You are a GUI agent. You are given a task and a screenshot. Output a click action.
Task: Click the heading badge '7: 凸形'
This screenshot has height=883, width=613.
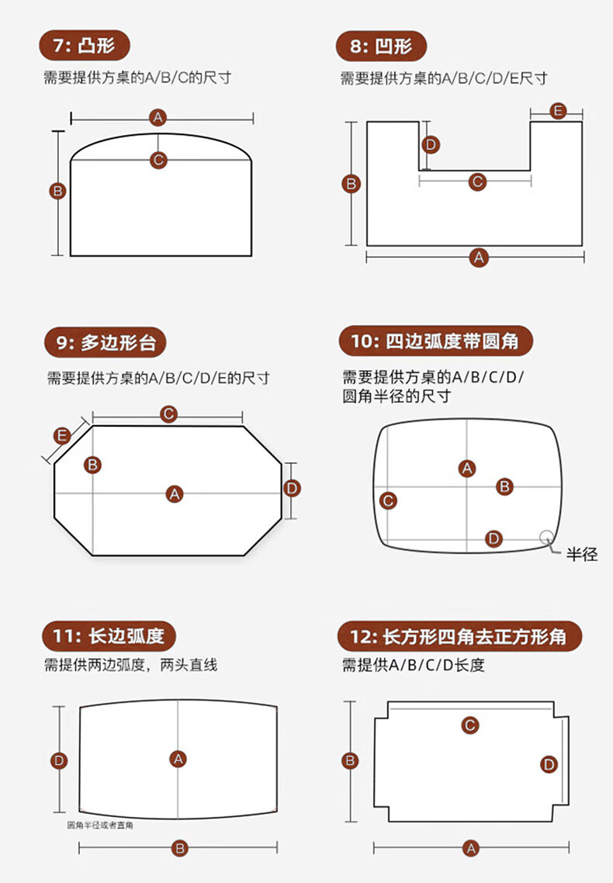coord(85,47)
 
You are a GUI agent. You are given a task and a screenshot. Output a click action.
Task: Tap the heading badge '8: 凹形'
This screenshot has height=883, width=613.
coord(380,47)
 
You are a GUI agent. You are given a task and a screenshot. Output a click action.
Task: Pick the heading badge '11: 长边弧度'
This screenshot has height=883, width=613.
coord(109,637)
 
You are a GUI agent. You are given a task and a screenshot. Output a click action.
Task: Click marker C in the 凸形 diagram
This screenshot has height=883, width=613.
coord(158,160)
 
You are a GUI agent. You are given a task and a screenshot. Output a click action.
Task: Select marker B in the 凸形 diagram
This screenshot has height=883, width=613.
coord(58,190)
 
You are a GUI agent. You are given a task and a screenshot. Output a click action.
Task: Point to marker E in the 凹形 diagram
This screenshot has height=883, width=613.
coord(556,111)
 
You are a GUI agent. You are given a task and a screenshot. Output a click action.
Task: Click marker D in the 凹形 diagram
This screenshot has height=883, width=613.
coord(431,144)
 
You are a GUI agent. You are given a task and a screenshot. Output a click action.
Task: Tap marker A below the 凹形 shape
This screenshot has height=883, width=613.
coord(479,258)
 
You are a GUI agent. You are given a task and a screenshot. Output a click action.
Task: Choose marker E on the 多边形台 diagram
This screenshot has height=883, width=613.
coord(62,435)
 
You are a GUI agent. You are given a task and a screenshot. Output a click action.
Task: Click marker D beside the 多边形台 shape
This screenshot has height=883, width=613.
coord(291,488)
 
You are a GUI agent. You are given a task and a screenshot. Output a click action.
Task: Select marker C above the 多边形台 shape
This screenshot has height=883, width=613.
coord(168,414)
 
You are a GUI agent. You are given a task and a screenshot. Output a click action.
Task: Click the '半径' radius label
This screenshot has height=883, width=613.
coord(582,554)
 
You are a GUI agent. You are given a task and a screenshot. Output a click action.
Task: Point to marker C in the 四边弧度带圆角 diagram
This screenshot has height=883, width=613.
coord(389,500)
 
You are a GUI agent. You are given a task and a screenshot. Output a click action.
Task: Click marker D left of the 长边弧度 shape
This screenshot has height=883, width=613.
coord(59,760)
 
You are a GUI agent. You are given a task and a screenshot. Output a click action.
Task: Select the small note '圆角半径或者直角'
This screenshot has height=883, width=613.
coord(100,826)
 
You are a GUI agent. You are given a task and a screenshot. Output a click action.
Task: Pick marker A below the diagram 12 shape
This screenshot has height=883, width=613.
coord(471,848)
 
